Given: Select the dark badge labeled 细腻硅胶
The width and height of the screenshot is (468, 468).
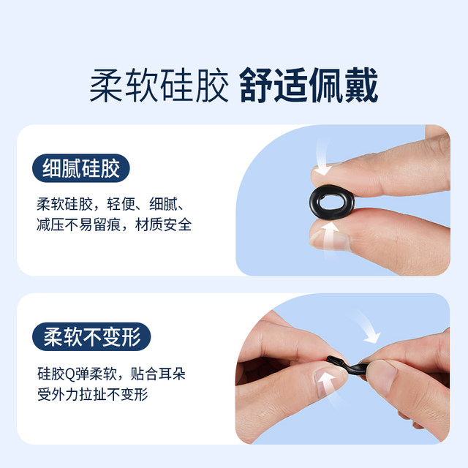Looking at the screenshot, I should pyautogui.click(x=80, y=169).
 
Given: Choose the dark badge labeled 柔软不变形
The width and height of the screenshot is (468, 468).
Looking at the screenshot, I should pyautogui.click(x=91, y=337).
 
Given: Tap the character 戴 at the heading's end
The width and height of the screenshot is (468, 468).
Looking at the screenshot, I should pyautogui.click(x=361, y=87).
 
